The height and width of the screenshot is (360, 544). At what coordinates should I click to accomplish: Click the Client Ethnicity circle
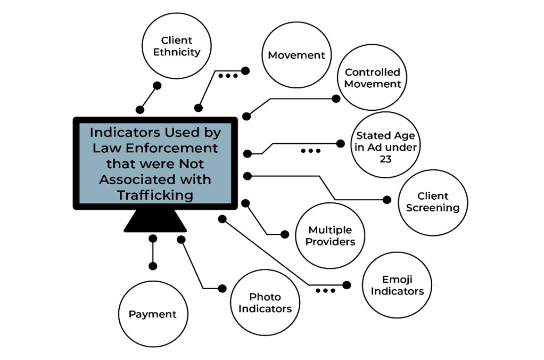pos(177,46)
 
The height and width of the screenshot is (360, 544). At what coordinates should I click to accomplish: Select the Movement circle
pos(296,55)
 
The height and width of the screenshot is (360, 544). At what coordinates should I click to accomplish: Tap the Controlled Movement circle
pos(373,78)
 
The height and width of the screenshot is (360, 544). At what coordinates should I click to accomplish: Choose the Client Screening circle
pos(433,202)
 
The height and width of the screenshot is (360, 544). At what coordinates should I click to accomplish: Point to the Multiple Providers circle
pos(331,236)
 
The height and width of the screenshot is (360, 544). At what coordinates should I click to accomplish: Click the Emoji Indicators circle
pos(397,285)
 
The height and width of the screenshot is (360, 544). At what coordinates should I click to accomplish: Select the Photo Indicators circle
pos(265,303)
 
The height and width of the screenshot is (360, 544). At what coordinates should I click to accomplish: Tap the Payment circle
pos(152,314)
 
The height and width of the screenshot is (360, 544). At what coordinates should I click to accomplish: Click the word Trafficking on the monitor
pos(155,195)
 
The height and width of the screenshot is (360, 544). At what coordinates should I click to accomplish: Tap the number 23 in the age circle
pos(385,159)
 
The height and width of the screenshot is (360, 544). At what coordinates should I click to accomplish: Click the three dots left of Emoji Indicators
pos(325,291)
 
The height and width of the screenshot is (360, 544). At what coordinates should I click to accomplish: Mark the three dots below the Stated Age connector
pos(310,151)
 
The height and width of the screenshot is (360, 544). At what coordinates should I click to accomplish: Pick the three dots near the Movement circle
pos(228,76)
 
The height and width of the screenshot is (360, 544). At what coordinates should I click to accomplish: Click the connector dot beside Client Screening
pos(387,200)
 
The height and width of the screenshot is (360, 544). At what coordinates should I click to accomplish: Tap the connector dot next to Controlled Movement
pos(336,99)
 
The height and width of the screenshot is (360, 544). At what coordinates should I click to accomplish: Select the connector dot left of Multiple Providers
pos(285,234)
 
